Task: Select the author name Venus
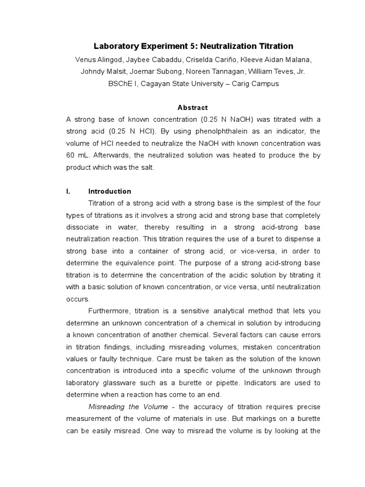(x=86, y=59)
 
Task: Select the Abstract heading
(x=193, y=107)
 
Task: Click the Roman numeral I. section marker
(x=68, y=191)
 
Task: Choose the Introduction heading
(x=110, y=191)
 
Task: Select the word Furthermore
(x=109, y=311)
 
